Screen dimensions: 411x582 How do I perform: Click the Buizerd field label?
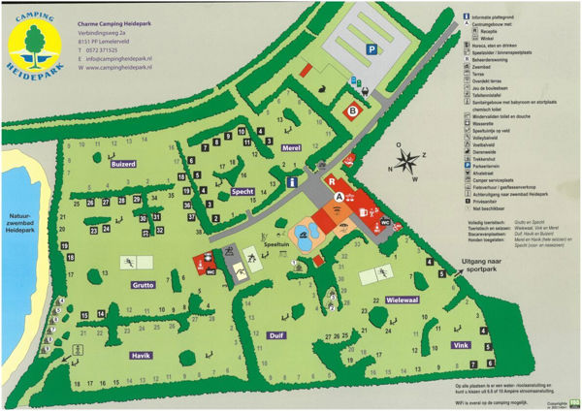(x=124, y=166)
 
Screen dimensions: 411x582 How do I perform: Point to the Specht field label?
(x=243, y=192)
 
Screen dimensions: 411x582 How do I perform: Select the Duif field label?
(x=275, y=335)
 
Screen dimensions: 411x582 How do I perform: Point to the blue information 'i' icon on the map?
(x=290, y=181)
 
